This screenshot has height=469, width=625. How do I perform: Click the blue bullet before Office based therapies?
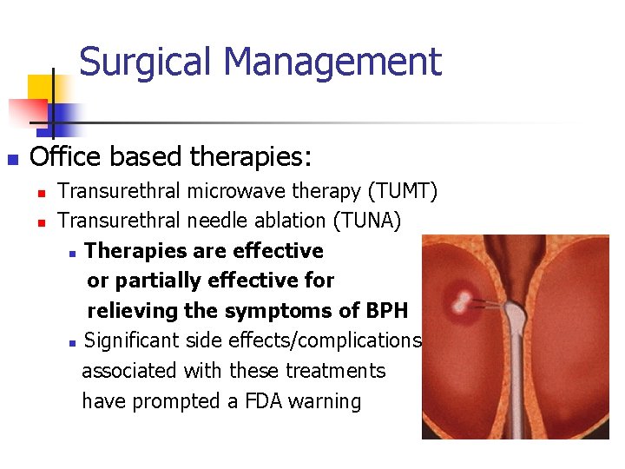tap(11, 160)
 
